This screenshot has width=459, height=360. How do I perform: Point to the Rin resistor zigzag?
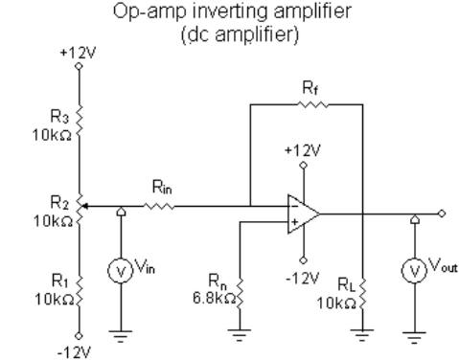click(x=160, y=205)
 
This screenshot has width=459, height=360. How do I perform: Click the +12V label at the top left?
click(x=73, y=56)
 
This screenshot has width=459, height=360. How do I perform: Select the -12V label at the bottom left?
click(x=74, y=351)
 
